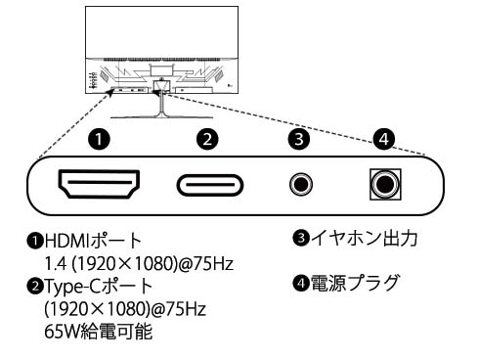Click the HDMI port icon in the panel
click(100, 183)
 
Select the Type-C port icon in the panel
click(210, 184)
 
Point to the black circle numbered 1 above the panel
click(99, 139)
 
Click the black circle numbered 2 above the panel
click(206, 139)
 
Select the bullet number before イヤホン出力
click(301, 238)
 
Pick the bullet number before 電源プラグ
click(301, 284)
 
